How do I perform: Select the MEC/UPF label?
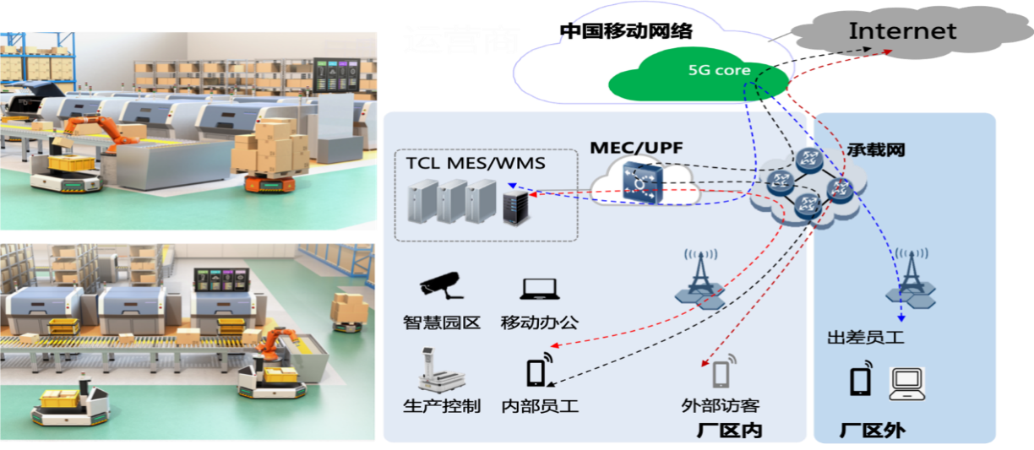tap(627, 147)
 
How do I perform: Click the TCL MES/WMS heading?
tap(476, 163)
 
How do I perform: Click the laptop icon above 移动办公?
tap(538, 289)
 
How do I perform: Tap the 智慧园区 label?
tap(442, 322)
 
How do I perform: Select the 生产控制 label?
tap(442, 406)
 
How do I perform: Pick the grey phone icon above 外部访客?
tap(720, 372)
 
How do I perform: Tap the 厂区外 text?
tap(872, 431)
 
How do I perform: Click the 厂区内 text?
tap(730, 431)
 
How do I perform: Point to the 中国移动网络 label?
tap(628, 32)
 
